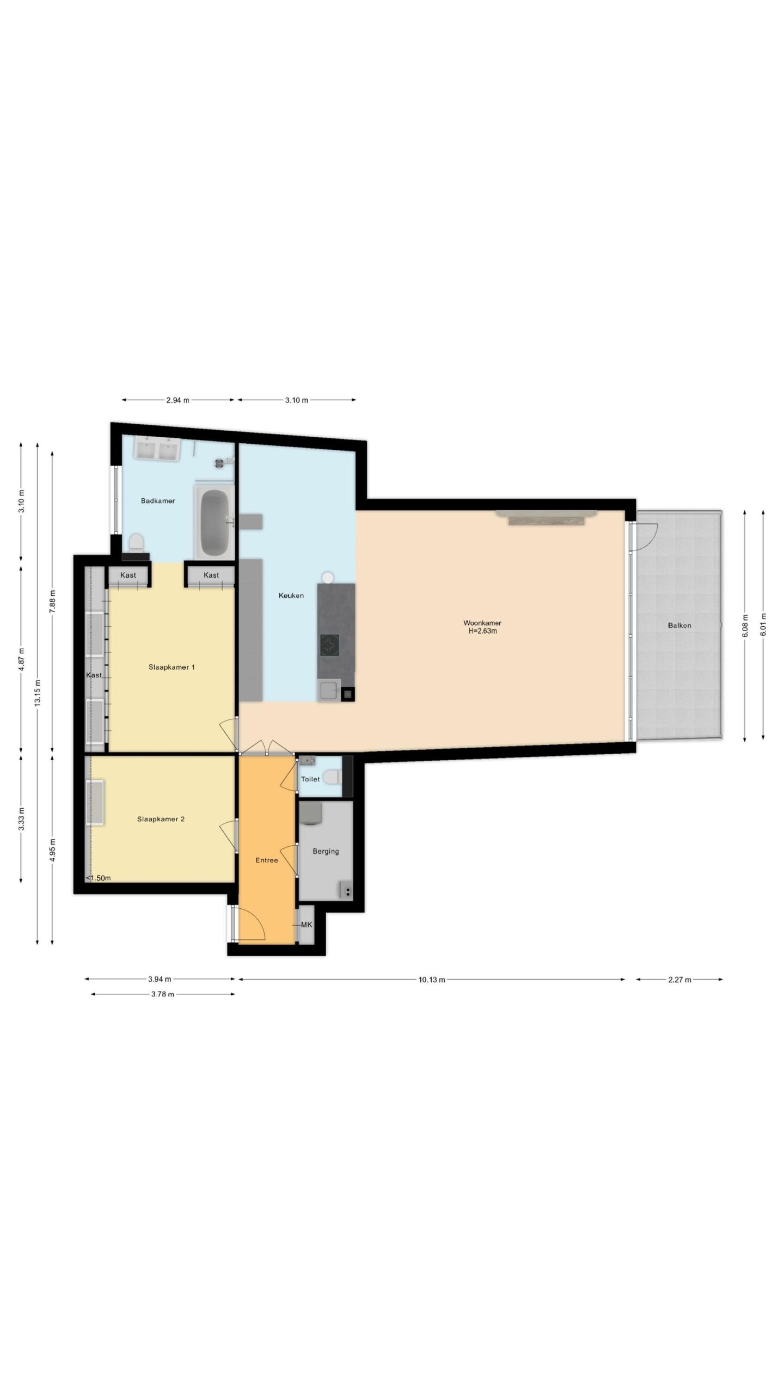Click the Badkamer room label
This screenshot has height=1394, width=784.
point(158,501)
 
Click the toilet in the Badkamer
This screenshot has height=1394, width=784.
point(136,543)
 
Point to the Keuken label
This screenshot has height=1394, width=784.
point(291,596)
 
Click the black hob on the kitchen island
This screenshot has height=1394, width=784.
point(329,646)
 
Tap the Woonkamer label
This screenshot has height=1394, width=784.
point(482,622)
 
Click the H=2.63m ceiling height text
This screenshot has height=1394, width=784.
point(483,632)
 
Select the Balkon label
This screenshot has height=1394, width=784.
point(679,626)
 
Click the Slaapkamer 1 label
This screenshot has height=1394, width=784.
point(172,667)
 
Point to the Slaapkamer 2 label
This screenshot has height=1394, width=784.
point(161,819)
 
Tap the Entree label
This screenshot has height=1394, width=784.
point(267,860)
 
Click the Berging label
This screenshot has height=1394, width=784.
point(326,851)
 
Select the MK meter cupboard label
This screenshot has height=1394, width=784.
point(307,925)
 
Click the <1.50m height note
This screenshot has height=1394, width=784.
point(99,878)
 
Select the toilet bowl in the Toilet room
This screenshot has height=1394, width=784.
point(330,777)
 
